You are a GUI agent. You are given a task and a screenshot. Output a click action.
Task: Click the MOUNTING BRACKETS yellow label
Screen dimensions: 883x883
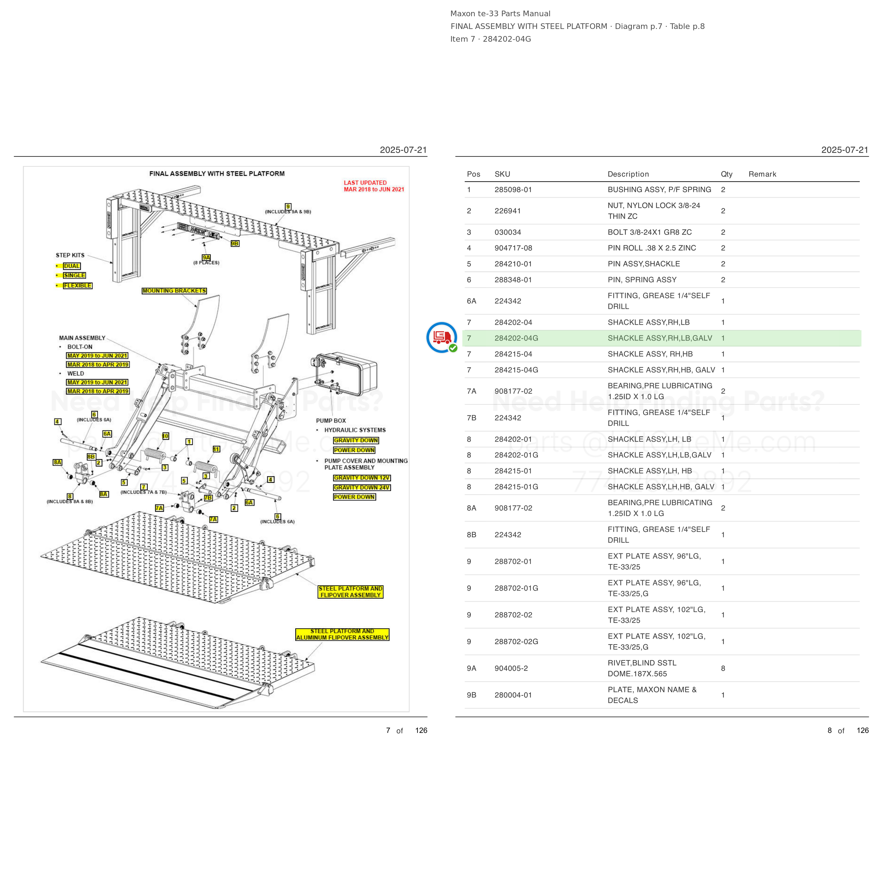[174, 291]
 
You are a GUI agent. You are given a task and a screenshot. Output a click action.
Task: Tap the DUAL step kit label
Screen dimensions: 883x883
[72, 266]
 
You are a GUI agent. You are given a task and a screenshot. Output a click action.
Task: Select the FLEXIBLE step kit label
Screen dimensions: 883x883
[78, 286]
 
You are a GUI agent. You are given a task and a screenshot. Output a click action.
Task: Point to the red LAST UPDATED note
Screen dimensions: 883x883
[374, 186]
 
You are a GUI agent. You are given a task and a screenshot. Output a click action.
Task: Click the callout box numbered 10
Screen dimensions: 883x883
[165, 436]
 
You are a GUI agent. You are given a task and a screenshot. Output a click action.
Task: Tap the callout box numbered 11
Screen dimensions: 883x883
[216, 449]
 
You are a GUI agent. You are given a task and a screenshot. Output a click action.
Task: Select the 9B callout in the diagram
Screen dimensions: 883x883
[235, 244]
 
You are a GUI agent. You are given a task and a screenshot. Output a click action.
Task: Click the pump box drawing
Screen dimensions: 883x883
[346, 373]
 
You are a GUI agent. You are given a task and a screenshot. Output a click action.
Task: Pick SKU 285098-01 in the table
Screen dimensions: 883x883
[513, 190]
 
